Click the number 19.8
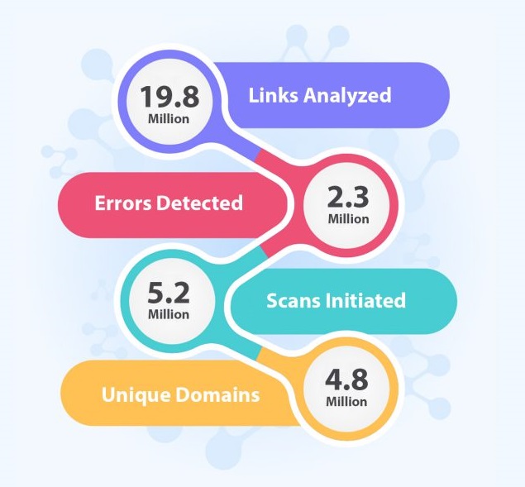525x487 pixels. coord(169,96)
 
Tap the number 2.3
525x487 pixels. coord(347,198)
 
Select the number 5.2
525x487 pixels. coord(169,293)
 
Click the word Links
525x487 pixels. coord(273,95)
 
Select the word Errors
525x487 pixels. coord(125,203)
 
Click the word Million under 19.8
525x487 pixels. coord(169,118)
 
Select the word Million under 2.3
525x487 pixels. coord(347,220)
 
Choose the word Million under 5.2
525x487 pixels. coord(169,315)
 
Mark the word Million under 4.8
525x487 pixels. coord(346,402)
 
